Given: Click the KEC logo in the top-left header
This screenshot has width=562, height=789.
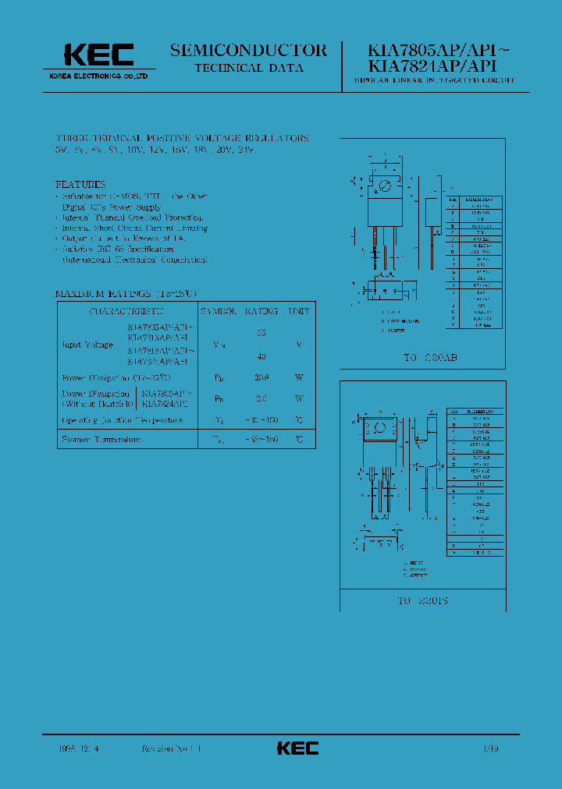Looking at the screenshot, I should click(98, 55).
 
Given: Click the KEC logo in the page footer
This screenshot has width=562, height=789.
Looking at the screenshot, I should click(297, 748).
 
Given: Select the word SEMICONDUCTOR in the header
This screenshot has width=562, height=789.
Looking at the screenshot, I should click(248, 51).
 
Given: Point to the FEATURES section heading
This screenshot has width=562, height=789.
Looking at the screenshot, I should click(80, 185).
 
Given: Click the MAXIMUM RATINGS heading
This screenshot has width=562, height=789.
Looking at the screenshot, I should click(125, 294).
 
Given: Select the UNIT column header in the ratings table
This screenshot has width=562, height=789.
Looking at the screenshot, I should click(299, 311).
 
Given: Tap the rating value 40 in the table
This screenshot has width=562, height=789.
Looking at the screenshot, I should click(261, 356).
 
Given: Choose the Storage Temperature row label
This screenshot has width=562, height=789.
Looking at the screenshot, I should click(101, 440).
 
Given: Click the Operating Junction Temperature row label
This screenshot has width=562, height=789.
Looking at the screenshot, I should click(122, 420).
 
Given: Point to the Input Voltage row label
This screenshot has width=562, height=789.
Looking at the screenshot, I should click(87, 344).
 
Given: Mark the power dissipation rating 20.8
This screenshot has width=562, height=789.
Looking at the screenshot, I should click(261, 377).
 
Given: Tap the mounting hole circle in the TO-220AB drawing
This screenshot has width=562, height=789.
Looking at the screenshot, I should click(384, 186).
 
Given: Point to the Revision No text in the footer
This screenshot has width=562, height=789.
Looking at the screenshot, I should click(170, 748).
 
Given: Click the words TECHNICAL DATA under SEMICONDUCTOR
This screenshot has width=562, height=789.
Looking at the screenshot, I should click(248, 68).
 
